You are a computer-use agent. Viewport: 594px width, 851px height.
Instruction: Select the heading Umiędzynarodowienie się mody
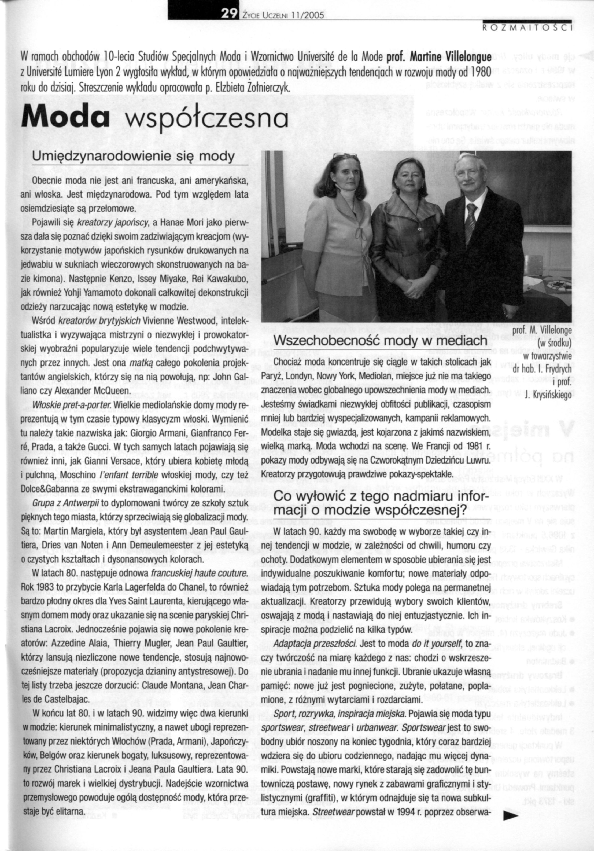134,157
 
